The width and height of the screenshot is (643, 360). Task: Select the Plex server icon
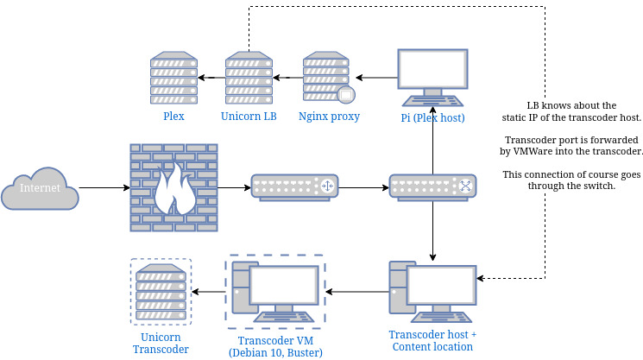tap(173, 79)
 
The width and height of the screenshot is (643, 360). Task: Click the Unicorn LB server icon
tap(249, 79)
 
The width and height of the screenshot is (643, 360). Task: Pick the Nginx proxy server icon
tap(328, 79)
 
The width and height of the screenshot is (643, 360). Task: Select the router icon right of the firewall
tap(294, 186)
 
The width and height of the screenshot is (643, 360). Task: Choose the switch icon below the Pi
tap(432, 186)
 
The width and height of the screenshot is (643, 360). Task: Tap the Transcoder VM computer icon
tap(274, 292)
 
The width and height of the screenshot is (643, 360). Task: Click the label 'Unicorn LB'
tap(249, 117)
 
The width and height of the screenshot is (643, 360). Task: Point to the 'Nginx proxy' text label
tap(329, 117)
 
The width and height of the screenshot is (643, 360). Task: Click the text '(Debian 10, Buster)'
tap(275, 352)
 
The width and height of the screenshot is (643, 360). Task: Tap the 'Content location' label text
tap(432, 347)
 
